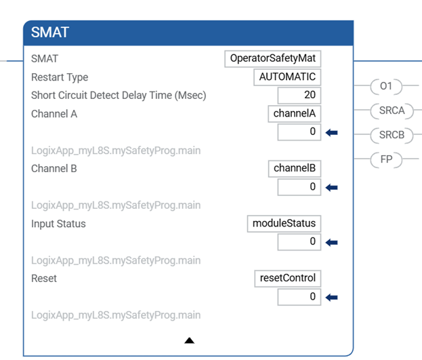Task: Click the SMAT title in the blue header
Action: click(50, 33)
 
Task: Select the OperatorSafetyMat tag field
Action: click(272, 58)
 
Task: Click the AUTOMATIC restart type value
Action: click(287, 77)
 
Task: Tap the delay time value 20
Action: click(299, 95)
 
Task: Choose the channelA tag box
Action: click(295, 114)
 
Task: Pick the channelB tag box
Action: click(295, 168)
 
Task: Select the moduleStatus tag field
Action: click(284, 223)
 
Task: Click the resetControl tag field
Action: click(288, 279)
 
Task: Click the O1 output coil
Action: click(386, 87)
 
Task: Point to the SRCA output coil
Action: click(392, 111)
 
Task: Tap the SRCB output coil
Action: click(392, 135)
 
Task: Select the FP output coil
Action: click(386, 159)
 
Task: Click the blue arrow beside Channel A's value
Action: click(332, 133)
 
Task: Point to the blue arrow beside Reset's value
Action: click(332, 298)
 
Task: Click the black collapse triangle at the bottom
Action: click(190, 340)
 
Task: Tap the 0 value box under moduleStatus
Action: click(299, 242)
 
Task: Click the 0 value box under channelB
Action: click(299, 187)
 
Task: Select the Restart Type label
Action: click(60, 77)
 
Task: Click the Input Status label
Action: click(58, 224)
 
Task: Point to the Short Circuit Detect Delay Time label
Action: click(119, 96)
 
